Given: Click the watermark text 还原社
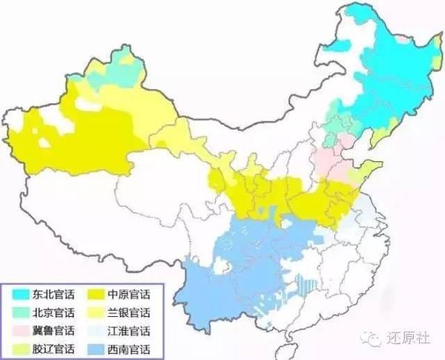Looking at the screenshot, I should (409, 334).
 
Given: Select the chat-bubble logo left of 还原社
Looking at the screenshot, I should (378, 334).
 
